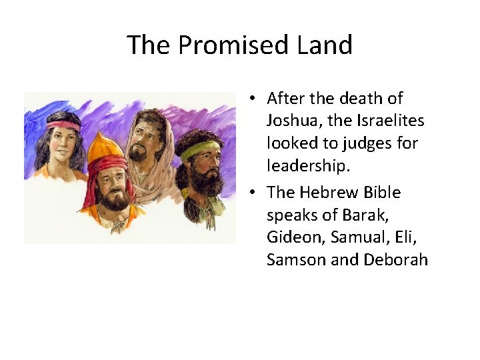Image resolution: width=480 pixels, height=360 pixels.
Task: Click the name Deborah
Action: click(396, 261)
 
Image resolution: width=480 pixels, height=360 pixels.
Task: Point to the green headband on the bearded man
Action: click(199, 149)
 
